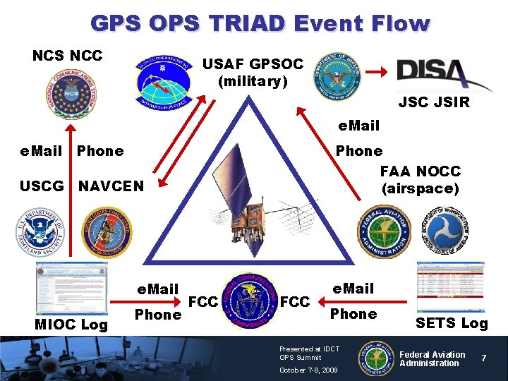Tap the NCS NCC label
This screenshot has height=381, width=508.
[x=68, y=56]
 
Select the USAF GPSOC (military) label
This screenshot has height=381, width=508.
[x=253, y=73]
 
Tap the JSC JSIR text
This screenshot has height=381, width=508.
[x=434, y=103]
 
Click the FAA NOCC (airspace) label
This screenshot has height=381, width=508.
[x=421, y=180]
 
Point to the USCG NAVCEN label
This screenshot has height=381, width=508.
[x=81, y=186]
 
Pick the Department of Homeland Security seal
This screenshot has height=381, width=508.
[x=40, y=232]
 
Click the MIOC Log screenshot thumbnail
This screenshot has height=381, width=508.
[x=71, y=287]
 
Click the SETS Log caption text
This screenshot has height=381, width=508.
[x=452, y=323]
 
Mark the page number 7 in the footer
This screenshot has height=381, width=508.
[x=484, y=358]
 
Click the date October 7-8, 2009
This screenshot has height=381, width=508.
[x=308, y=370]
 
